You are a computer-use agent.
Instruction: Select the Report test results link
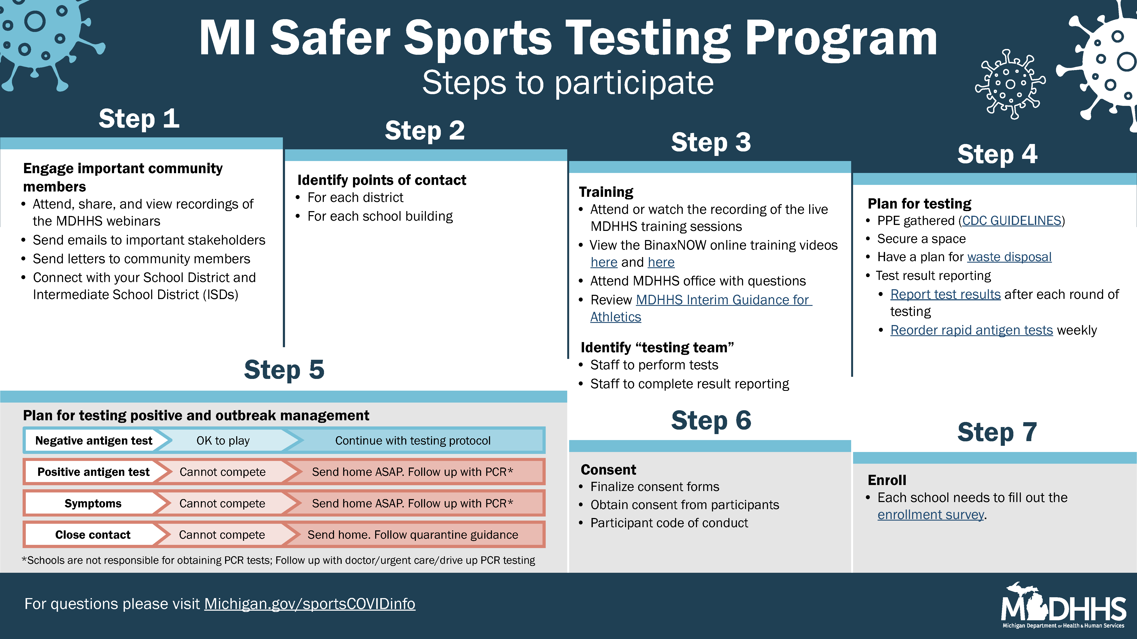[945, 294]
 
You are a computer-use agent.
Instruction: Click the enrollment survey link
[930, 515]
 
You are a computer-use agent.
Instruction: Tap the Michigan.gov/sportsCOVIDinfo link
[310, 604]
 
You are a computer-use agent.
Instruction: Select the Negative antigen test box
[94, 440]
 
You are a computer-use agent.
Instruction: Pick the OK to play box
[223, 440]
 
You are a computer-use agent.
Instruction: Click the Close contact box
[93, 534]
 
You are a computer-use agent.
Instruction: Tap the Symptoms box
[93, 503]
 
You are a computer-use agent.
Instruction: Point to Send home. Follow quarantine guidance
[413, 534]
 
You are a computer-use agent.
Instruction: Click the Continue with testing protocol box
[413, 440]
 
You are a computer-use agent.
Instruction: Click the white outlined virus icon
[1010, 84]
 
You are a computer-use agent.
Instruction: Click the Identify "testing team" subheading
[657, 347]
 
